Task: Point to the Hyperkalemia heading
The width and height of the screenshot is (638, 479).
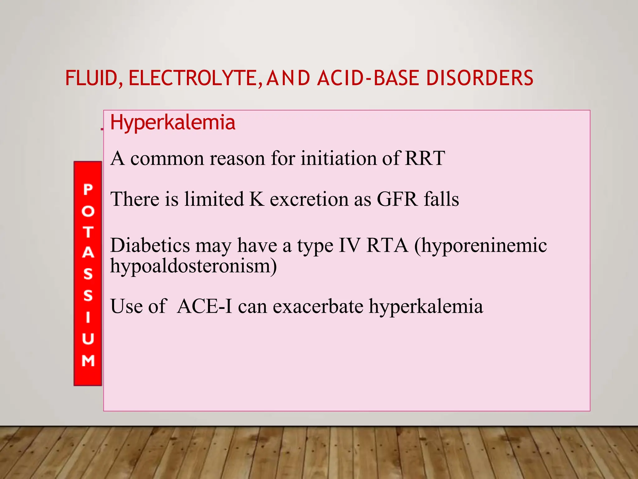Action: click(173, 123)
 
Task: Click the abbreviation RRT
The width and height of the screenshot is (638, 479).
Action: click(425, 158)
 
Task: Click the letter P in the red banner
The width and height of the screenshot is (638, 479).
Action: click(88, 190)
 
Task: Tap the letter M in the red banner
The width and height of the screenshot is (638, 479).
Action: click(88, 360)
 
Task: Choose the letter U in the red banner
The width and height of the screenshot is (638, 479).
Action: click(88, 339)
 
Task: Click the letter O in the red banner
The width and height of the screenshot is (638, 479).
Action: click(88, 211)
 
